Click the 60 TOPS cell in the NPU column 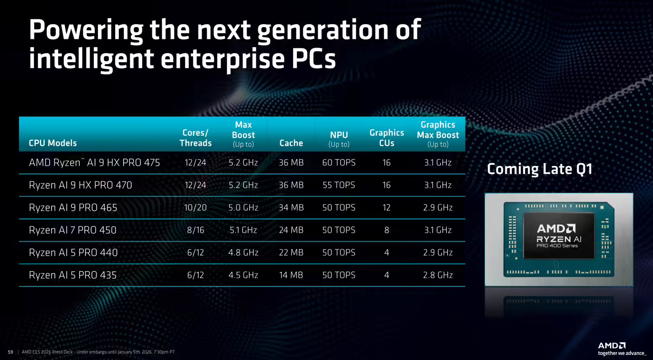click(x=338, y=162)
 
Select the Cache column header click(x=291, y=143)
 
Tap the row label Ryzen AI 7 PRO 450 click(x=73, y=230)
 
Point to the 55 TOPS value click(x=338, y=185)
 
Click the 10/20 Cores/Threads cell click(x=195, y=208)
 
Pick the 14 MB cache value click(x=291, y=275)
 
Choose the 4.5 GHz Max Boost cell click(x=243, y=275)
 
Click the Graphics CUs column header click(x=386, y=138)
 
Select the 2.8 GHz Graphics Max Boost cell click(x=438, y=275)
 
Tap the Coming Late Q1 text click(x=540, y=169)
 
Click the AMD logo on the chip click(x=556, y=228)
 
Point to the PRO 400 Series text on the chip click(x=557, y=246)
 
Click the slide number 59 click(x=11, y=352)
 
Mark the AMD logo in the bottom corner click(x=612, y=345)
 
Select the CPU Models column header click(x=53, y=143)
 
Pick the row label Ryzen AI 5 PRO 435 click(x=73, y=275)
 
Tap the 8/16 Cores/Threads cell click(x=195, y=230)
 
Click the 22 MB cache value click(x=291, y=253)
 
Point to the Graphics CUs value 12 click(x=386, y=208)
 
